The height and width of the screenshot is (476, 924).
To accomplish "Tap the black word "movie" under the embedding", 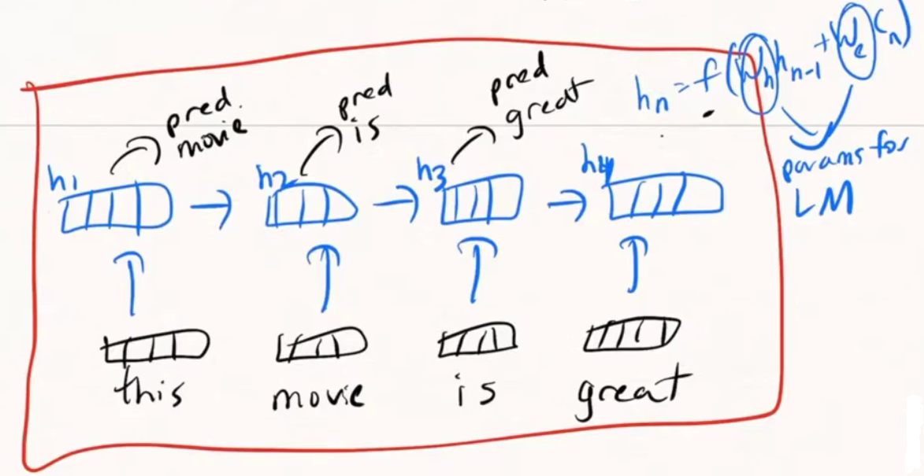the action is point(318,395).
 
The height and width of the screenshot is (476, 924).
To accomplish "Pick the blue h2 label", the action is point(273,180).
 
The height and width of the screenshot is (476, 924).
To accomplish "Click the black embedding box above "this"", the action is point(155,345).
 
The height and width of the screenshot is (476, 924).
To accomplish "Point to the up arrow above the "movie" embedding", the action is point(323,275).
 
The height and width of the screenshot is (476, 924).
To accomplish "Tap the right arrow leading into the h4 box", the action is point(569,206).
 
